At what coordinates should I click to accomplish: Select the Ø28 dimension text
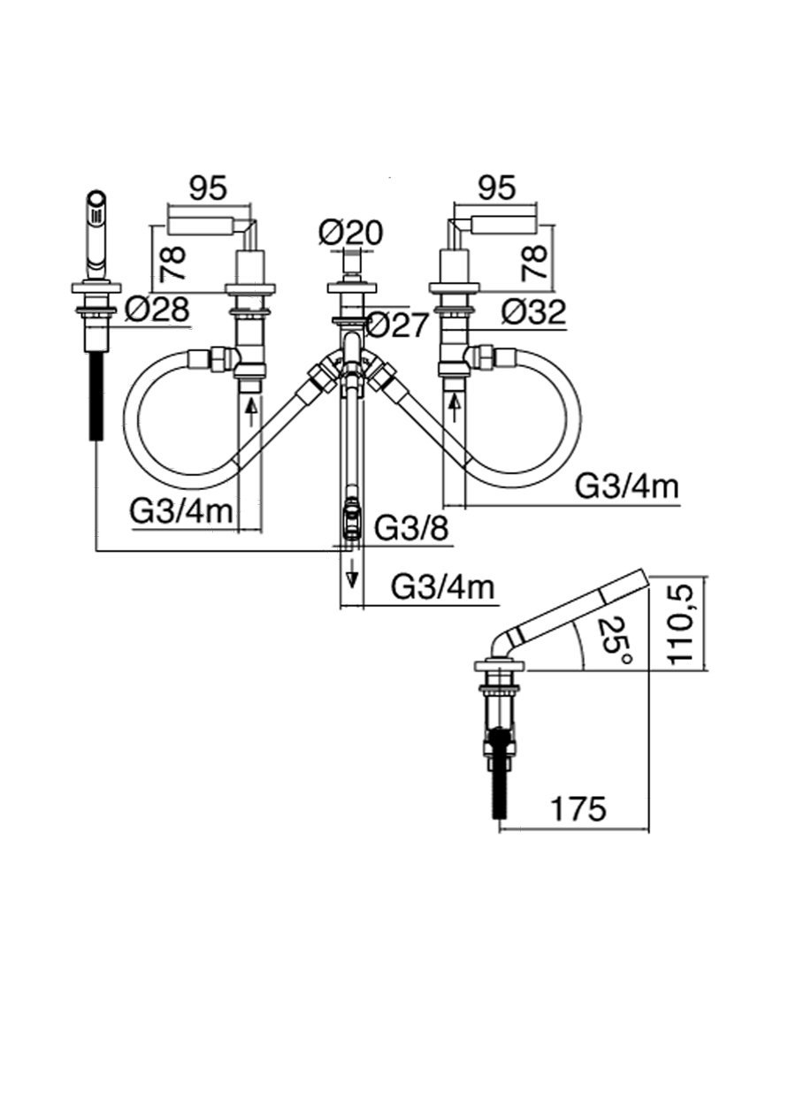coord(157,309)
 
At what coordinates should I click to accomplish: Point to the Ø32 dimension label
coord(533,310)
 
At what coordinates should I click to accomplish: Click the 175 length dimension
coord(578,808)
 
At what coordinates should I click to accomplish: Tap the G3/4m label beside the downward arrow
coord(442,585)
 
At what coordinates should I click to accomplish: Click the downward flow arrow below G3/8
coord(352,575)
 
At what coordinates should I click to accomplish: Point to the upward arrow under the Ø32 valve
coord(455,407)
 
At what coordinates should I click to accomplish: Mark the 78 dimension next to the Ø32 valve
coord(534,263)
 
